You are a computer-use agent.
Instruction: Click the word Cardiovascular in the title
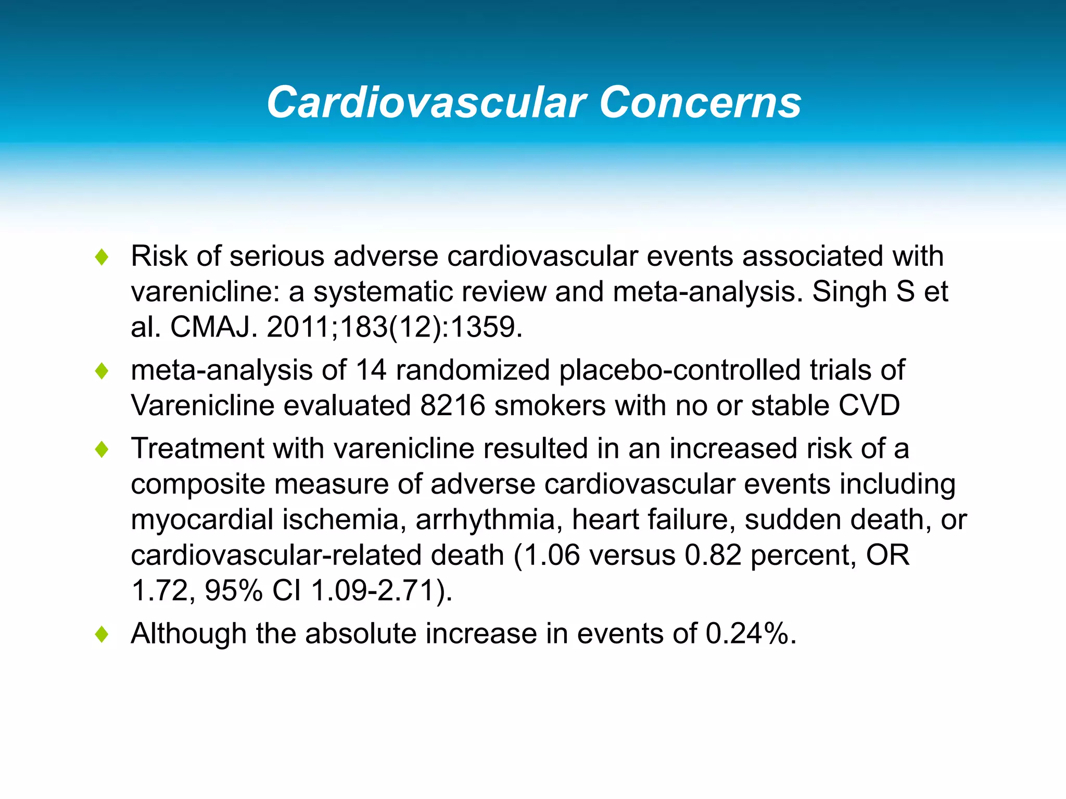click(x=426, y=102)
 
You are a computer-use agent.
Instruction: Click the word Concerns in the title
click(x=700, y=102)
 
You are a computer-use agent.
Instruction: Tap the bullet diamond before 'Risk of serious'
click(x=102, y=257)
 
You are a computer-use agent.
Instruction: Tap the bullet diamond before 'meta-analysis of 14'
click(x=102, y=371)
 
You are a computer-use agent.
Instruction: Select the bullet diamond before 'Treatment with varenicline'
click(x=102, y=449)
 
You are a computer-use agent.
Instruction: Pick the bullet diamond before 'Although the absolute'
click(x=102, y=634)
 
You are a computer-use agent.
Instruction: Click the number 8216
click(x=452, y=406)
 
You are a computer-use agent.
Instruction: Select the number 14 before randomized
click(x=371, y=370)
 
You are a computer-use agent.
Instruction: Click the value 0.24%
click(x=750, y=634)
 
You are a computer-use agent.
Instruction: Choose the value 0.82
click(x=713, y=555)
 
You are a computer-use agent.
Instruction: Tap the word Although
click(x=188, y=634)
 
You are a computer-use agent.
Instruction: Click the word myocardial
click(x=202, y=520)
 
